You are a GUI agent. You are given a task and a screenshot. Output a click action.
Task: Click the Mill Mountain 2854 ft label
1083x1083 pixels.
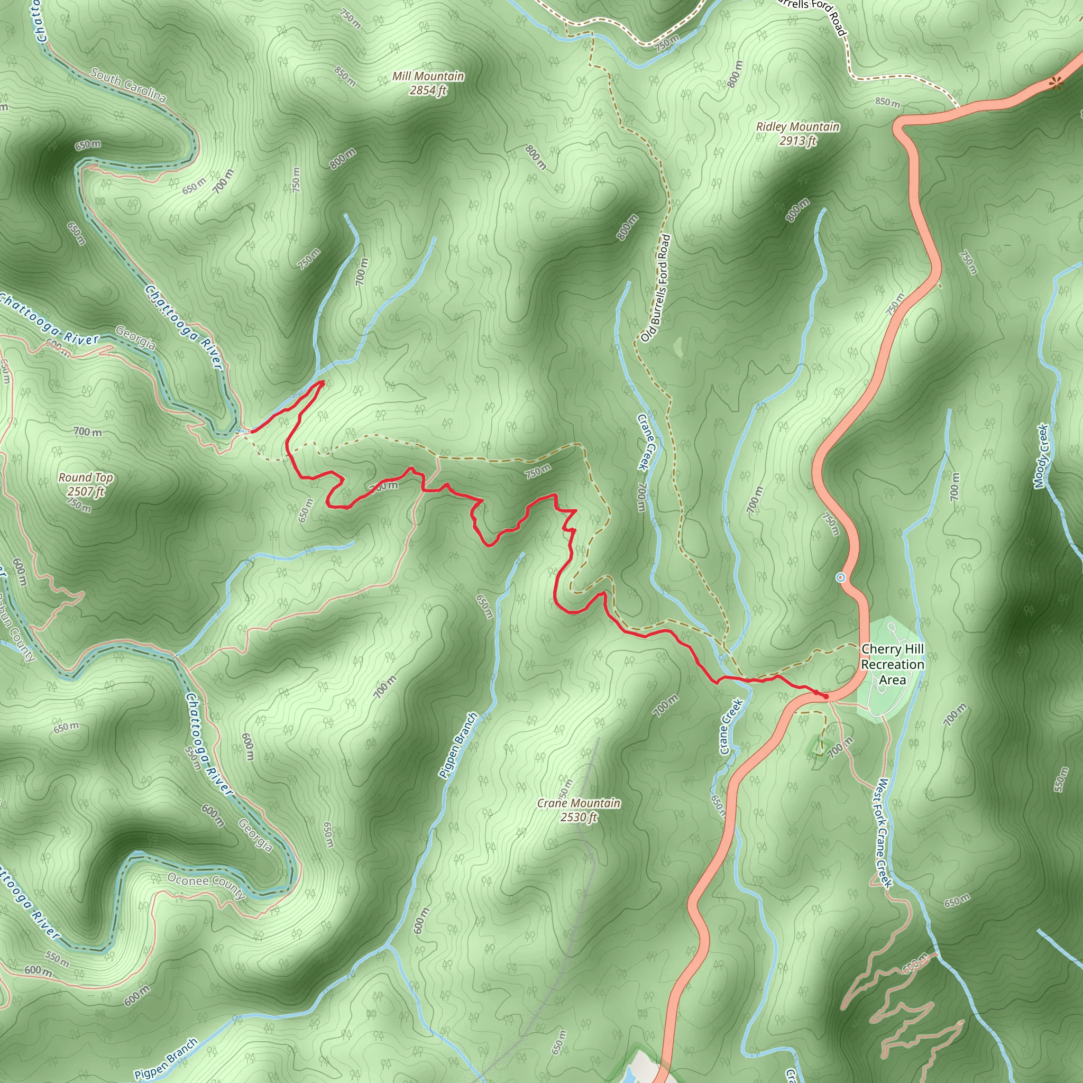(x=428, y=83)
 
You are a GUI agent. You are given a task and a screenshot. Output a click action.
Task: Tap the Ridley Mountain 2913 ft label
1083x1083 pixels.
(x=797, y=133)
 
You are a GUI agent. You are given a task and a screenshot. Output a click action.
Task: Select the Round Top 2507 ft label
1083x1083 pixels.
(x=86, y=484)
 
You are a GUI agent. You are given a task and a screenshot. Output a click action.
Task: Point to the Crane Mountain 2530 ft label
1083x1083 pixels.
(x=579, y=810)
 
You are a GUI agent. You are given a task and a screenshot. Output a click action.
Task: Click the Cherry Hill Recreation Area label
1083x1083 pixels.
(x=892, y=664)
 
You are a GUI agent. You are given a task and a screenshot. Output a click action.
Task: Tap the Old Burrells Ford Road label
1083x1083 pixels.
(x=656, y=288)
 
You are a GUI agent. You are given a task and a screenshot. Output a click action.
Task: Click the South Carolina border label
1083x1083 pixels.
(x=129, y=85)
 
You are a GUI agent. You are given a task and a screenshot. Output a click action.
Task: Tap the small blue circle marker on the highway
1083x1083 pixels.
(x=840, y=577)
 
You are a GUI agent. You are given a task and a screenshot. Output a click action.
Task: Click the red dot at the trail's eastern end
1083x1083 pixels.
(x=825, y=696)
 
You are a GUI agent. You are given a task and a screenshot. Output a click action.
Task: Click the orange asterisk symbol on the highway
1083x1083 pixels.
(x=1056, y=84)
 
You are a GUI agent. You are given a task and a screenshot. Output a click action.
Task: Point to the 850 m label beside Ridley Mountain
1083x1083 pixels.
(x=888, y=103)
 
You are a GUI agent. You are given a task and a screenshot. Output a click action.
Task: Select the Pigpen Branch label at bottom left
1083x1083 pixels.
(x=167, y=1058)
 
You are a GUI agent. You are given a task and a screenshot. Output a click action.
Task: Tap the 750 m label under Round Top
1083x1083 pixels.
(x=79, y=505)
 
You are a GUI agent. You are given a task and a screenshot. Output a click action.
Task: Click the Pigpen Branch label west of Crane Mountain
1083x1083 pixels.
(x=458, y=745)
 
